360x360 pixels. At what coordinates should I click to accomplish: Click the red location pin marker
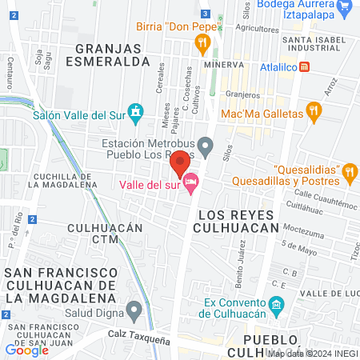pyautogui.click(x=180, y=162)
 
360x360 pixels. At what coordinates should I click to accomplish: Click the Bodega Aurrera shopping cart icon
pyautogui.click(x=346, y=7)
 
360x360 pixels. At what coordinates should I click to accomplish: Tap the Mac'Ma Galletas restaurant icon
pyautogui.click(x=314, y=114)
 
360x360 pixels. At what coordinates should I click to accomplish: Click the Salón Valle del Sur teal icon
pyautogui.click(x=135, y=114)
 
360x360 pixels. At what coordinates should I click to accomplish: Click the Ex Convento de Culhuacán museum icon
pyautogui.click(x=276, y=304)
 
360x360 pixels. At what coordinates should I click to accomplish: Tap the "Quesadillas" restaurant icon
pyautogui.click(x=349, y=171)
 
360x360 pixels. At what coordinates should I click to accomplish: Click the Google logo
pyautogui.click(x=26, y=350)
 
